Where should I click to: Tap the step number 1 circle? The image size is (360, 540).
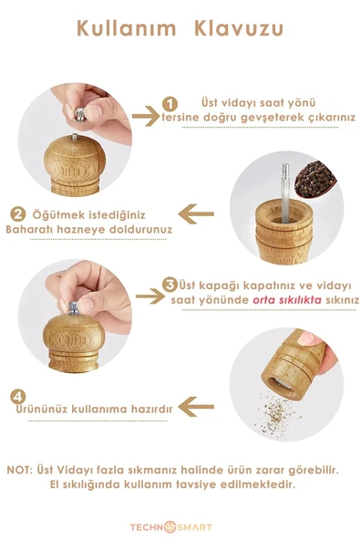click(169, 104)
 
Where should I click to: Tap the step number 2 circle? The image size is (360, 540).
click(17, 215)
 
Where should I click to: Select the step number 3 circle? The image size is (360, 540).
click(170, 285)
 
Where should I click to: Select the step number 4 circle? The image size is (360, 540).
click(17, 397)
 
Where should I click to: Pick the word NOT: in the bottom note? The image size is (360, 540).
click(23, 469)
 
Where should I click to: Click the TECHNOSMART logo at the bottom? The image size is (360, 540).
click(180, 526)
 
